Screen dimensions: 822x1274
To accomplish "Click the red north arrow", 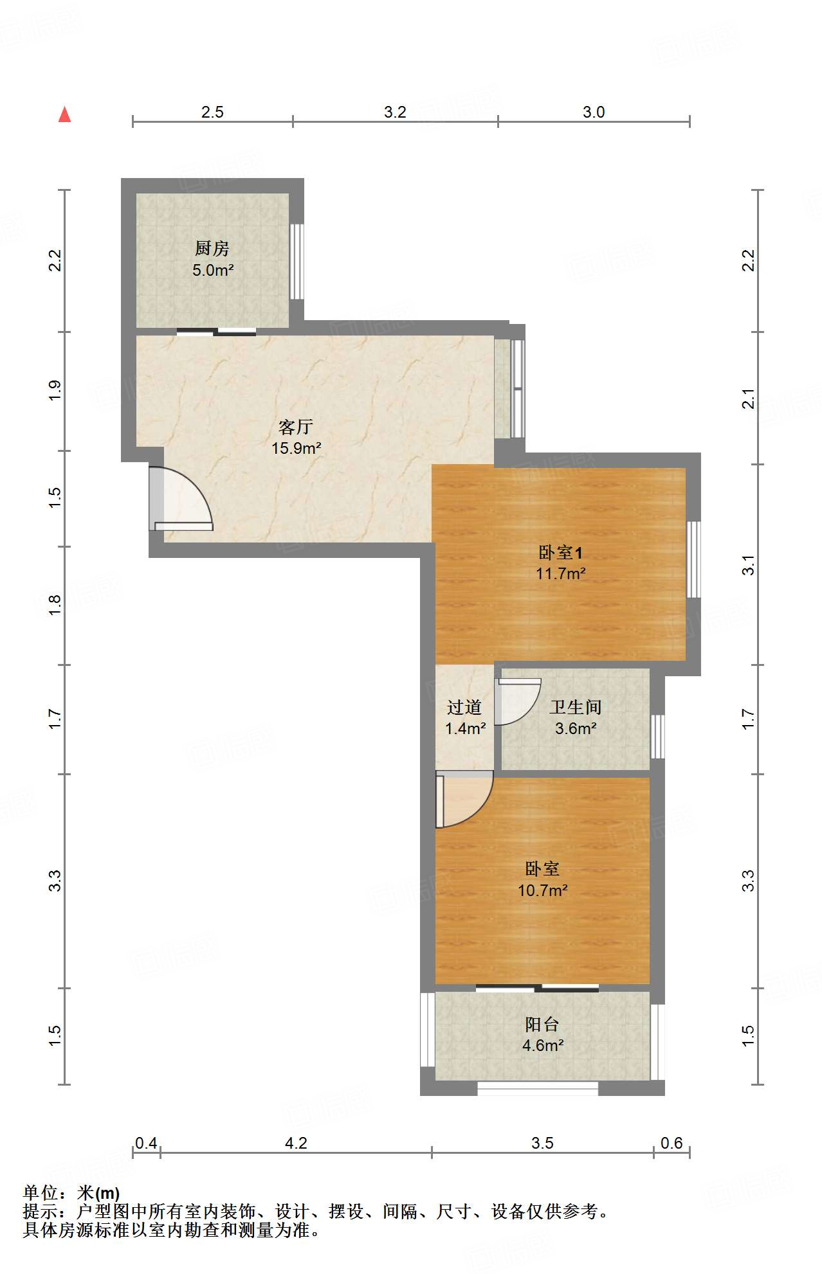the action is [x=64, y=114].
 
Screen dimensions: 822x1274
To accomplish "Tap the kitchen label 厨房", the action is [x=212, y=248].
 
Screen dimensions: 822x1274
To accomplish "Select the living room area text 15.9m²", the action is [x=296, y=448].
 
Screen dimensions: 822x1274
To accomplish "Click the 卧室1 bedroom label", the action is [x=560, y=552].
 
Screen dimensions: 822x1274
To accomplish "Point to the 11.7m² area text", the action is [x=561, y=573].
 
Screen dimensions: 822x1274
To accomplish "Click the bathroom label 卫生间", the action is [x=576, y=707].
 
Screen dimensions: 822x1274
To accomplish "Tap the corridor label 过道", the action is [x=464, y=707].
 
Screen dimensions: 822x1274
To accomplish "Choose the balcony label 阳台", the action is [x=542, y=1024].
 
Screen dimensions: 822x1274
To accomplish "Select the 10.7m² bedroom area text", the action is [x=543, y=890].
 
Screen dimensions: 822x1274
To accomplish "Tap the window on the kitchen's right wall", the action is [x=297, y=261].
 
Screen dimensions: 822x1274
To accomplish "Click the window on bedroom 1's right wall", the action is [x=693, y=559].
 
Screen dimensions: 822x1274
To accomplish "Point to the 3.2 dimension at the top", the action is [x=395, y=112].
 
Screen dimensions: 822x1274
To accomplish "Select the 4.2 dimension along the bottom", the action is [x=296, y=1143].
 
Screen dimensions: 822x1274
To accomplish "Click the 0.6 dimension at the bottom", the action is [x=671, y=1143].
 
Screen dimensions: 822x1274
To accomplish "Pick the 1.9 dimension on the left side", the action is [x=55, y=391].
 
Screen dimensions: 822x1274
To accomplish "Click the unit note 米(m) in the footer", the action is [x=98, y=1193].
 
